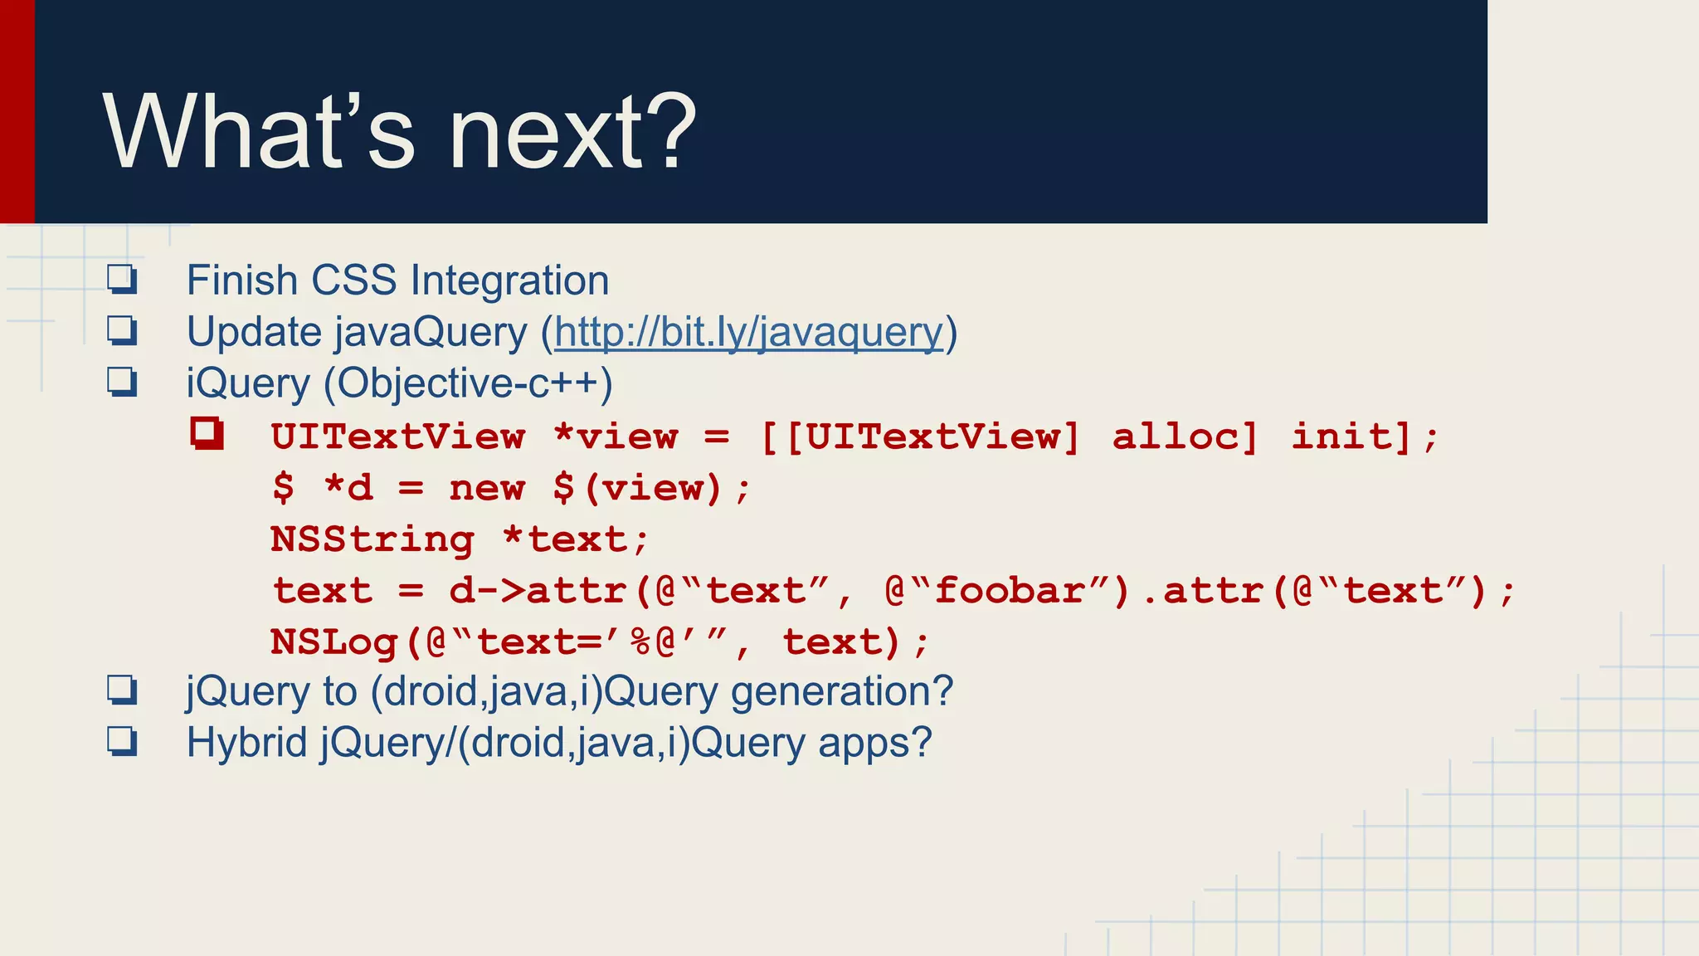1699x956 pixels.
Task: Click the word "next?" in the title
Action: click(572, 133)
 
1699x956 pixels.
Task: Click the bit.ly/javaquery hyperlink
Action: click(749, 332)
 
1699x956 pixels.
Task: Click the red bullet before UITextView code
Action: click(207, 433)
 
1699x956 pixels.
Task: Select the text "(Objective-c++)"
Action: click(468, 383)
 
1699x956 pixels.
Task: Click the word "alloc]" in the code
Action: click(1185, 437)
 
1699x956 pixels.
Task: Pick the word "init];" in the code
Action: click(1365, 437)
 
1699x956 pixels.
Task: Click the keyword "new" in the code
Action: click(487, 488)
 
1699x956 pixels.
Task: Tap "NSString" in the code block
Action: click(372, 539)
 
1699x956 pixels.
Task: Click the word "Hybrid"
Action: click(247, 743)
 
